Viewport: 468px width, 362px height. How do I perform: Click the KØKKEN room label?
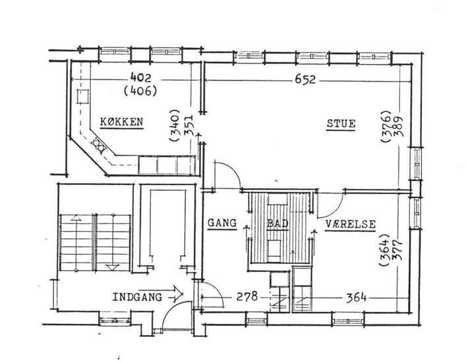point(121,122)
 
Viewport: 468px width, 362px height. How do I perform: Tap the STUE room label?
point(341,124)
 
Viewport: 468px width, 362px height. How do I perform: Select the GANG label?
point(222,223)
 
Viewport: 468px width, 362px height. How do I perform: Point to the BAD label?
point(278,223)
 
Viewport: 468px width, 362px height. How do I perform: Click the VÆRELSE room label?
point(351,224)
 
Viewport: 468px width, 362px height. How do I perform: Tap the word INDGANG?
point(137,297)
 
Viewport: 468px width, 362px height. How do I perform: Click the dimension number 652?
point(305,80)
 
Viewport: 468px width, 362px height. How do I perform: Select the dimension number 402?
point(141,78)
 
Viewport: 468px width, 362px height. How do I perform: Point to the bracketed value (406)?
point(140,91)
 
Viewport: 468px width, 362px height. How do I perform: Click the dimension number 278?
point(247,296)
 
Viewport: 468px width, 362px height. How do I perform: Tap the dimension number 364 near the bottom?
point(356,297)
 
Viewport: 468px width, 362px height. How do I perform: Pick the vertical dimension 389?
point(399,126)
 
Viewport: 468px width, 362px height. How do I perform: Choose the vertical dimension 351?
point(189,126)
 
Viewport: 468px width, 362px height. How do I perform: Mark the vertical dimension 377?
point(397,250)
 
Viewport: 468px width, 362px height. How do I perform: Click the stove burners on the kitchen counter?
point(99,145)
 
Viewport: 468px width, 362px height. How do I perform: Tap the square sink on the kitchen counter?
point(82,97)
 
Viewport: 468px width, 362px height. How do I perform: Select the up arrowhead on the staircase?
point(76,217)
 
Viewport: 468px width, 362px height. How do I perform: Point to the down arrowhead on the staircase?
point(113,267)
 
